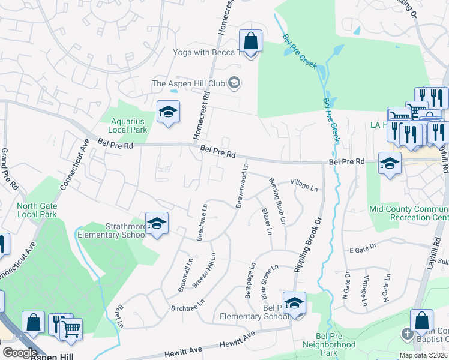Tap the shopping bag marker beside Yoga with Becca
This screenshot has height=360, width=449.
click(x=251, y=42)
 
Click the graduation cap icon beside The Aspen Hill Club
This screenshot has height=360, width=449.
click(x=235, y=83)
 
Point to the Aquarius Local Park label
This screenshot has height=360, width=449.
click(x=127, y=125)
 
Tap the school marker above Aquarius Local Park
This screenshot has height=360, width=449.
click(x=169, y=112)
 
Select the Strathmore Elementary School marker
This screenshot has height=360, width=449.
click(x=157, y=224)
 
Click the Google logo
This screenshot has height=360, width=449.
click(x=19, y=353)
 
